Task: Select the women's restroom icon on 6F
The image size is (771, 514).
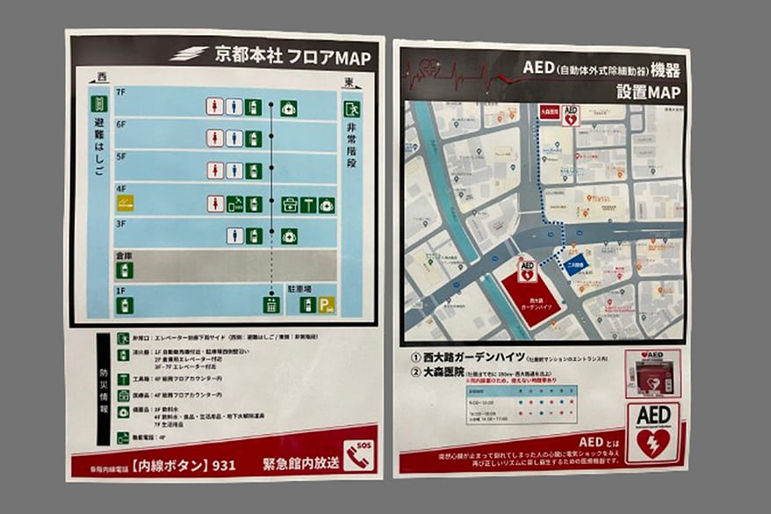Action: coord(214,138)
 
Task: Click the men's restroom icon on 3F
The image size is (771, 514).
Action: coord(234,235)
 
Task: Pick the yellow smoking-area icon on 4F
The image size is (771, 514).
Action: coord(126,204)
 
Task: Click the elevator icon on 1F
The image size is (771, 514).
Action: coord(271,305)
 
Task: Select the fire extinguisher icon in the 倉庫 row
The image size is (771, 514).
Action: coord(126,271)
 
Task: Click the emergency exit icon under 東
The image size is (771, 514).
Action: coord(353,111)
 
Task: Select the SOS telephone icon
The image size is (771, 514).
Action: coord(358,455)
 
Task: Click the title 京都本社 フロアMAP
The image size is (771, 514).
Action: coord(292,57)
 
